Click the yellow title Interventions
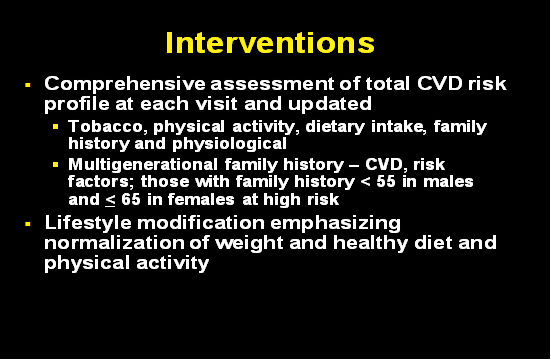[x=270, y=43]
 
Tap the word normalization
[x=116, y=242]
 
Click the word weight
[x=264, y=242]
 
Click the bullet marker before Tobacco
[x=56, y=128]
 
